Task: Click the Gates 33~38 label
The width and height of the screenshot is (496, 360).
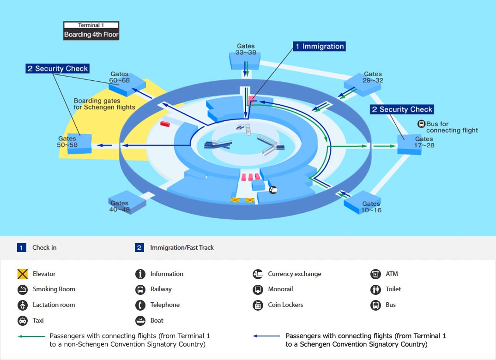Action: coord(246,49)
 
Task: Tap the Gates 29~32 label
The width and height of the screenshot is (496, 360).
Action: coord(373,77)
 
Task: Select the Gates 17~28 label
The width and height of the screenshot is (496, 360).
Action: coord(424,142)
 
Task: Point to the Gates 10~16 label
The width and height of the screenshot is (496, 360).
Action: coord(371,207)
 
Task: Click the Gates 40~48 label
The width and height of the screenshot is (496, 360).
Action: coord(119,206)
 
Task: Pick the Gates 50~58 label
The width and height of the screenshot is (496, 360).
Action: coord(67,142)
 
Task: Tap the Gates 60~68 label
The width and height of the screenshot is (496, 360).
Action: coord(119,77)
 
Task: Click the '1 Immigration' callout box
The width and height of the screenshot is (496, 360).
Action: coord(319,47)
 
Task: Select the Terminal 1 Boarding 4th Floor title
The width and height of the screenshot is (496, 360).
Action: coord(91,30)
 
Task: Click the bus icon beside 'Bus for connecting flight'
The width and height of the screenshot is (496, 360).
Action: coord(421,124)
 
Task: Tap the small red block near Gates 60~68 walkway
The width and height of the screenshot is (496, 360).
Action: coord(165,124)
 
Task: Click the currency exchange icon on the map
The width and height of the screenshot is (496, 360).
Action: coord(272,190)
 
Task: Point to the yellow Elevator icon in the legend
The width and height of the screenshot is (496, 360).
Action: coord(23,274)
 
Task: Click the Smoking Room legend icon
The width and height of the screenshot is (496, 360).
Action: coord(23,289)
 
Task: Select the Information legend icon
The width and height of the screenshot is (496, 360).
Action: coord(140,274)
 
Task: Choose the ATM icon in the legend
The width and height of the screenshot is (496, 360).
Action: coord(375,274)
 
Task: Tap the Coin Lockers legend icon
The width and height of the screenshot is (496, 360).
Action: coord(258,305)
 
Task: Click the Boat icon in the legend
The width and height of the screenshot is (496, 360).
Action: coord(140,320)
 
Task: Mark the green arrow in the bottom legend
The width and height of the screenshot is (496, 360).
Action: coord(31,336)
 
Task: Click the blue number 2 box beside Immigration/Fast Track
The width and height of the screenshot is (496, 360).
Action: coord(139,247)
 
